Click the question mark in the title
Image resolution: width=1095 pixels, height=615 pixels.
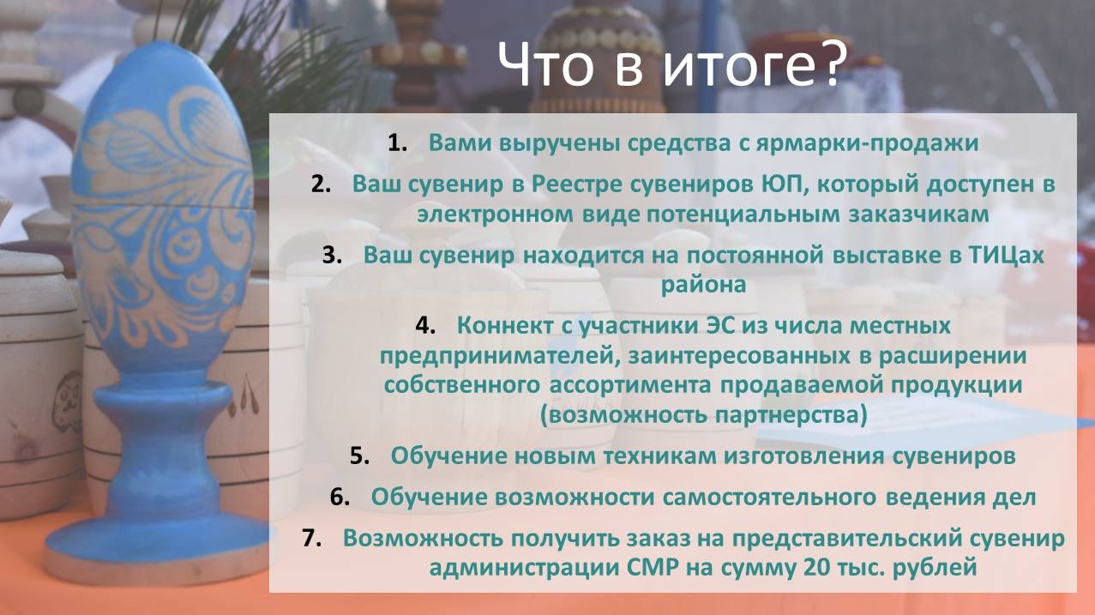click(x=827, y=64)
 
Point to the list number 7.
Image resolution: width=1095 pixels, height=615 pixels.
click(x=312, y=538)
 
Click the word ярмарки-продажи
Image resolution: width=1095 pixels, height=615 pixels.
click(x=867, y=144)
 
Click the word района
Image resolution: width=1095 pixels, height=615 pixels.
click(x=703, y=286)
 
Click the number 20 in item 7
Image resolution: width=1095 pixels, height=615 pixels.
click(x=817, y=568)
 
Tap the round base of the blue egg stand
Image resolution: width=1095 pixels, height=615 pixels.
click(x=156, y=552)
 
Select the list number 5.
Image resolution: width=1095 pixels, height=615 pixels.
click(x=359, y=455)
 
